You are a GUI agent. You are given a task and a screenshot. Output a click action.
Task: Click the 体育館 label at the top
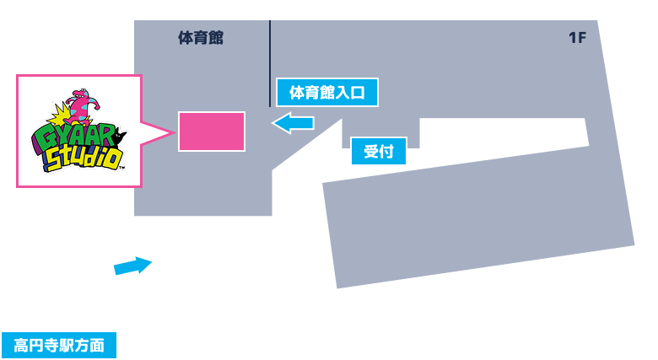201,38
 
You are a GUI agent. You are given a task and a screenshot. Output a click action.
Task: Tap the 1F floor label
577,38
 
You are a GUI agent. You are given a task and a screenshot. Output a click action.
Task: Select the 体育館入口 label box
327,92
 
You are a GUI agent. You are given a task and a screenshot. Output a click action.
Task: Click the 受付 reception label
379,152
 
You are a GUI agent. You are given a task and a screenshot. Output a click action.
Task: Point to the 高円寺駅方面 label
59,345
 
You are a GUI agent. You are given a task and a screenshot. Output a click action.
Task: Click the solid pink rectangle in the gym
212,132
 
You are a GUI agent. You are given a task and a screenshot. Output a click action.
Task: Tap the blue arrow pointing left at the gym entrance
293,123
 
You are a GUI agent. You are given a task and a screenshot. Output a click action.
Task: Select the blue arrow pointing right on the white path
132,266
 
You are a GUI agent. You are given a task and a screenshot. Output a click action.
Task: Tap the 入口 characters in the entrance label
350,92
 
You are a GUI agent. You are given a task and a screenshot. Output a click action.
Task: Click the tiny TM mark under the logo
123,169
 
